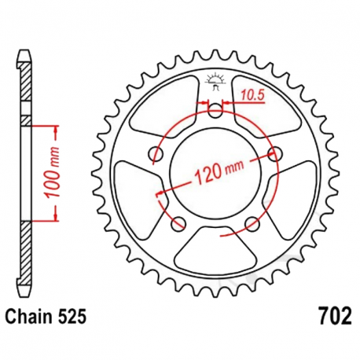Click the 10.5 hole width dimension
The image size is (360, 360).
coord(252,94)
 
